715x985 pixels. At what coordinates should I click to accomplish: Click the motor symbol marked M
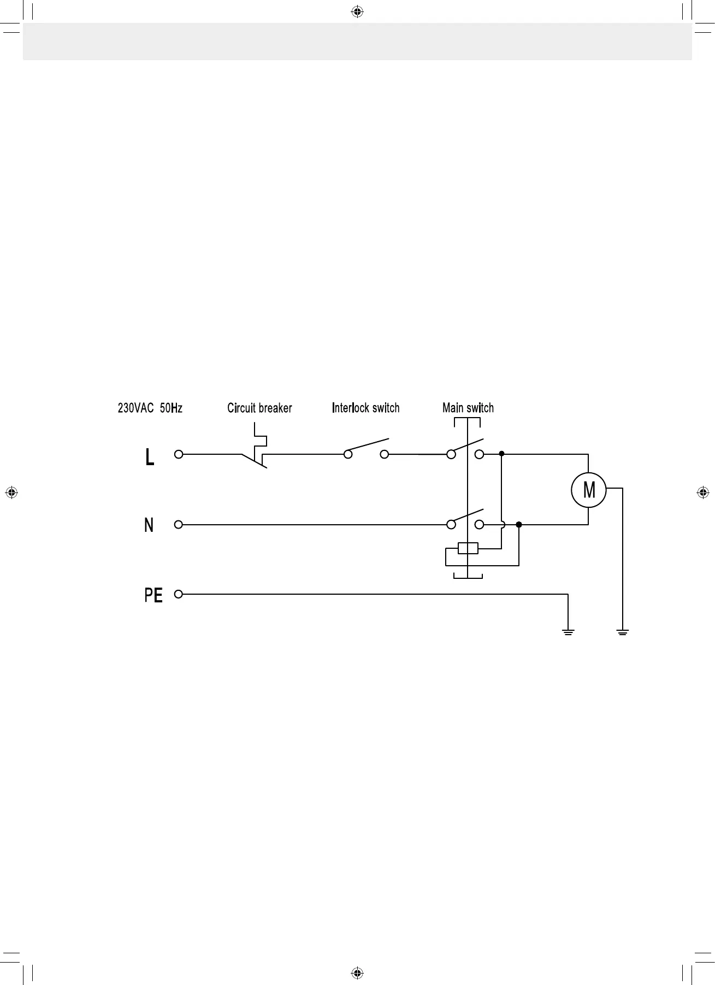pyautogui.click(x=588, y=490)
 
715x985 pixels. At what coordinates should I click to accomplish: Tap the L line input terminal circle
pyautogui.click(x=178, y=454)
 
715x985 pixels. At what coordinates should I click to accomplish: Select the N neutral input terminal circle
pyautogui.click(x=178, y=524)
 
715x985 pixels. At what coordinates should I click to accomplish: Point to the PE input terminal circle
pyautogui.click(x=178, y=594)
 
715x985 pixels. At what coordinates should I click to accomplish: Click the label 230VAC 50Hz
pyautogui.click(x=150, y=408)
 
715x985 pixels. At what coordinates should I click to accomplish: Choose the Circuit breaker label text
pyautogui.click(x=259, y=408)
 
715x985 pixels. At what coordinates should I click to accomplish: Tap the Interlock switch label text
pyautogui.click(x=365, y=408)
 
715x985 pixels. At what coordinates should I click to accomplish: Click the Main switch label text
pyautogui.click(x=468, y=408)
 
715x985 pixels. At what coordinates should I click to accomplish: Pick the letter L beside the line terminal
pyautogui.click(x=149, y=457)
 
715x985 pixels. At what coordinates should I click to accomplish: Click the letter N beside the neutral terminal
pyautogui.click(x=149, y=525)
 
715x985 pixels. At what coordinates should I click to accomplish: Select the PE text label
pyautogui.click(x=153, y=595)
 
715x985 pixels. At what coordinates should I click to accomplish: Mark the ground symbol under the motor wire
pyautogui.click(x=622, y=632)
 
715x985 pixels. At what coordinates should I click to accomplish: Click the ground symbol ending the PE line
pyautogui.click(x=568, y=632)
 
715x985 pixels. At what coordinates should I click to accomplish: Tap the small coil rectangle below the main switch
pyautogui.click(x=468, y=548)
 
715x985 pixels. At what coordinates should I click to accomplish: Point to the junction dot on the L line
pyautogui.click(x=501, y=454)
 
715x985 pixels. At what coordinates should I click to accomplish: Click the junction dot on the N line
pyautogui.click(x=519, y=524)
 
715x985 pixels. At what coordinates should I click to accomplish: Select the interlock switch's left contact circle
pyautogui.click(x=348, y=454)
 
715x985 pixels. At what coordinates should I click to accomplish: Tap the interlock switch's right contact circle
pyautogui.click(x=384, y=454)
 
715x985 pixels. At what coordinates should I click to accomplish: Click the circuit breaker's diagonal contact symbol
pyautogui.click(x=255, y=460)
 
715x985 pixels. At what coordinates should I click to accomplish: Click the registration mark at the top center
pyautogui.click(x=357, y=11)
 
